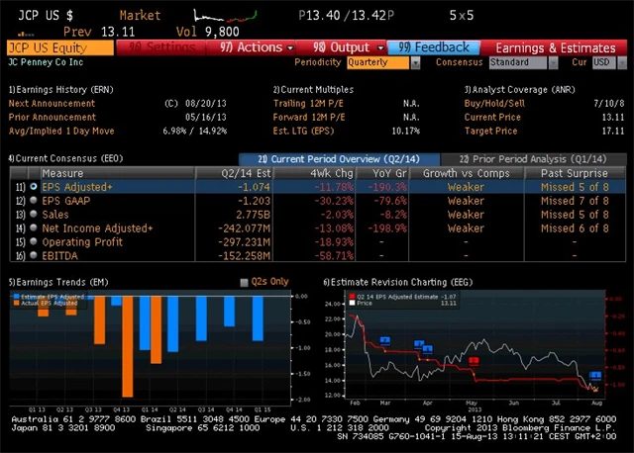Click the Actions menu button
tap(252, 47)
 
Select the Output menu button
tap(342, 47)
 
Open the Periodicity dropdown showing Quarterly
tap(382, 61)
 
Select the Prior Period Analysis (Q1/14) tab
tap(533, 158)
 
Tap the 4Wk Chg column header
tap(331, 172)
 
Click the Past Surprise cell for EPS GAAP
tap(574, 200)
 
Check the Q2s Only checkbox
tap(246, 283)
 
